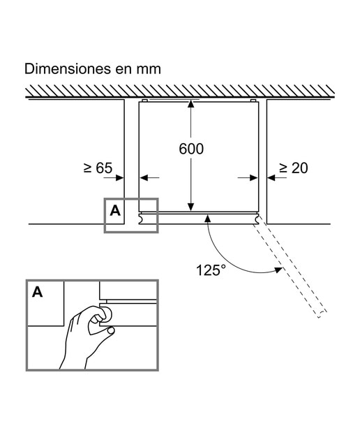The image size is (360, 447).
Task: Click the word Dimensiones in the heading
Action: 68,68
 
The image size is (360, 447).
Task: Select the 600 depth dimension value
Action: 191,149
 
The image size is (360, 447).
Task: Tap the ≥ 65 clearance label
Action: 98,168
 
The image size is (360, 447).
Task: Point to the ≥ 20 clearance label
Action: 293,168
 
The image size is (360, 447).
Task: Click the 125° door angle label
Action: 211,270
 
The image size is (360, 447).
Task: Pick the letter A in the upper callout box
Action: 115,211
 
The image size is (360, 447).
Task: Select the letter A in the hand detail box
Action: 37,292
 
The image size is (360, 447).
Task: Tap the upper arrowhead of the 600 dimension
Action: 191,104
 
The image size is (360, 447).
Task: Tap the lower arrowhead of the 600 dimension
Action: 191,207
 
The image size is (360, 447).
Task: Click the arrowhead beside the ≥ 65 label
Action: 120,177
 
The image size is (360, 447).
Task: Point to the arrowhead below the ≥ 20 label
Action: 271,177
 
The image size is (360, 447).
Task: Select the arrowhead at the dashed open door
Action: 278,270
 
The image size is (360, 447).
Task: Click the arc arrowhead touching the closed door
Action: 208,219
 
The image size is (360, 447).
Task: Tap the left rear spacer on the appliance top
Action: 144,101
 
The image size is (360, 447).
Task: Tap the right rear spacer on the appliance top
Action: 253,101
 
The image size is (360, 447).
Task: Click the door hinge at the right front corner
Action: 257,219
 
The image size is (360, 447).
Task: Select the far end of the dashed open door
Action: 322,314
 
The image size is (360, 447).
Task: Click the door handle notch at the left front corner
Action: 140,219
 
